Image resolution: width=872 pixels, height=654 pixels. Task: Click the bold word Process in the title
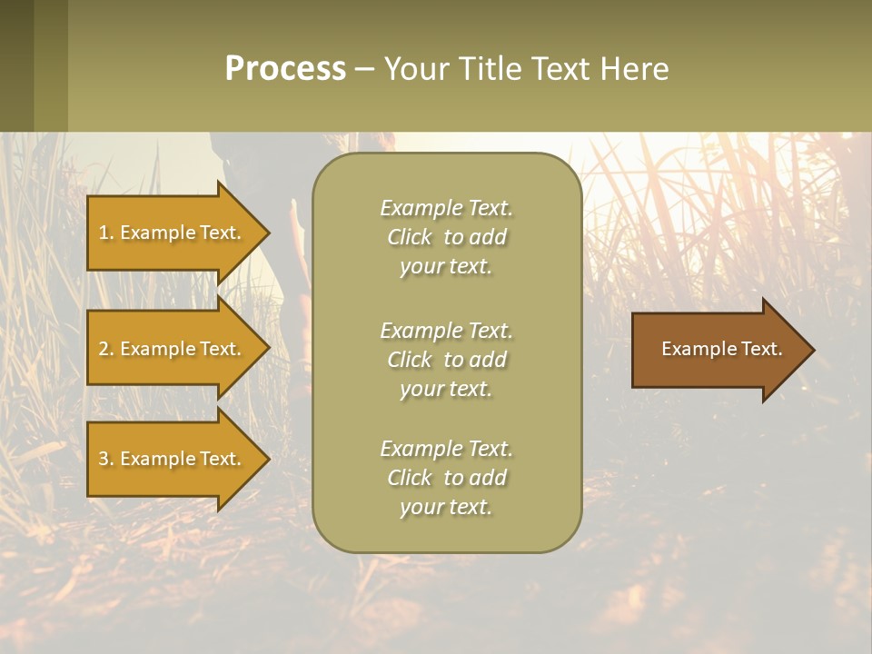pyautogui.click(x=285, y=69)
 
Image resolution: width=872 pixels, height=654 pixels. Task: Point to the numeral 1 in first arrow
pyautogui.click(x=103, y=233)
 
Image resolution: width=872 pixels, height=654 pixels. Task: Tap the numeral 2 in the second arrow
pyautogui.click(x=103, y=349)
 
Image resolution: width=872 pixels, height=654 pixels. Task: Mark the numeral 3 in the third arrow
pyautogui.click(x=103, y=459)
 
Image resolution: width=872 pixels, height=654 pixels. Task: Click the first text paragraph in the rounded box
pyautogui.click(x=446, y=237)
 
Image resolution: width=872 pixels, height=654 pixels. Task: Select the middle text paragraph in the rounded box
pyautogui.click(x=446, y=360)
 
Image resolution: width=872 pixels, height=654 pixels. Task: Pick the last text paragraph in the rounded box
pyautogui.click(x=446, y=478)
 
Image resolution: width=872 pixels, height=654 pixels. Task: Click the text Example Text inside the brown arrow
pyautogui.click(x=721, y=349)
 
